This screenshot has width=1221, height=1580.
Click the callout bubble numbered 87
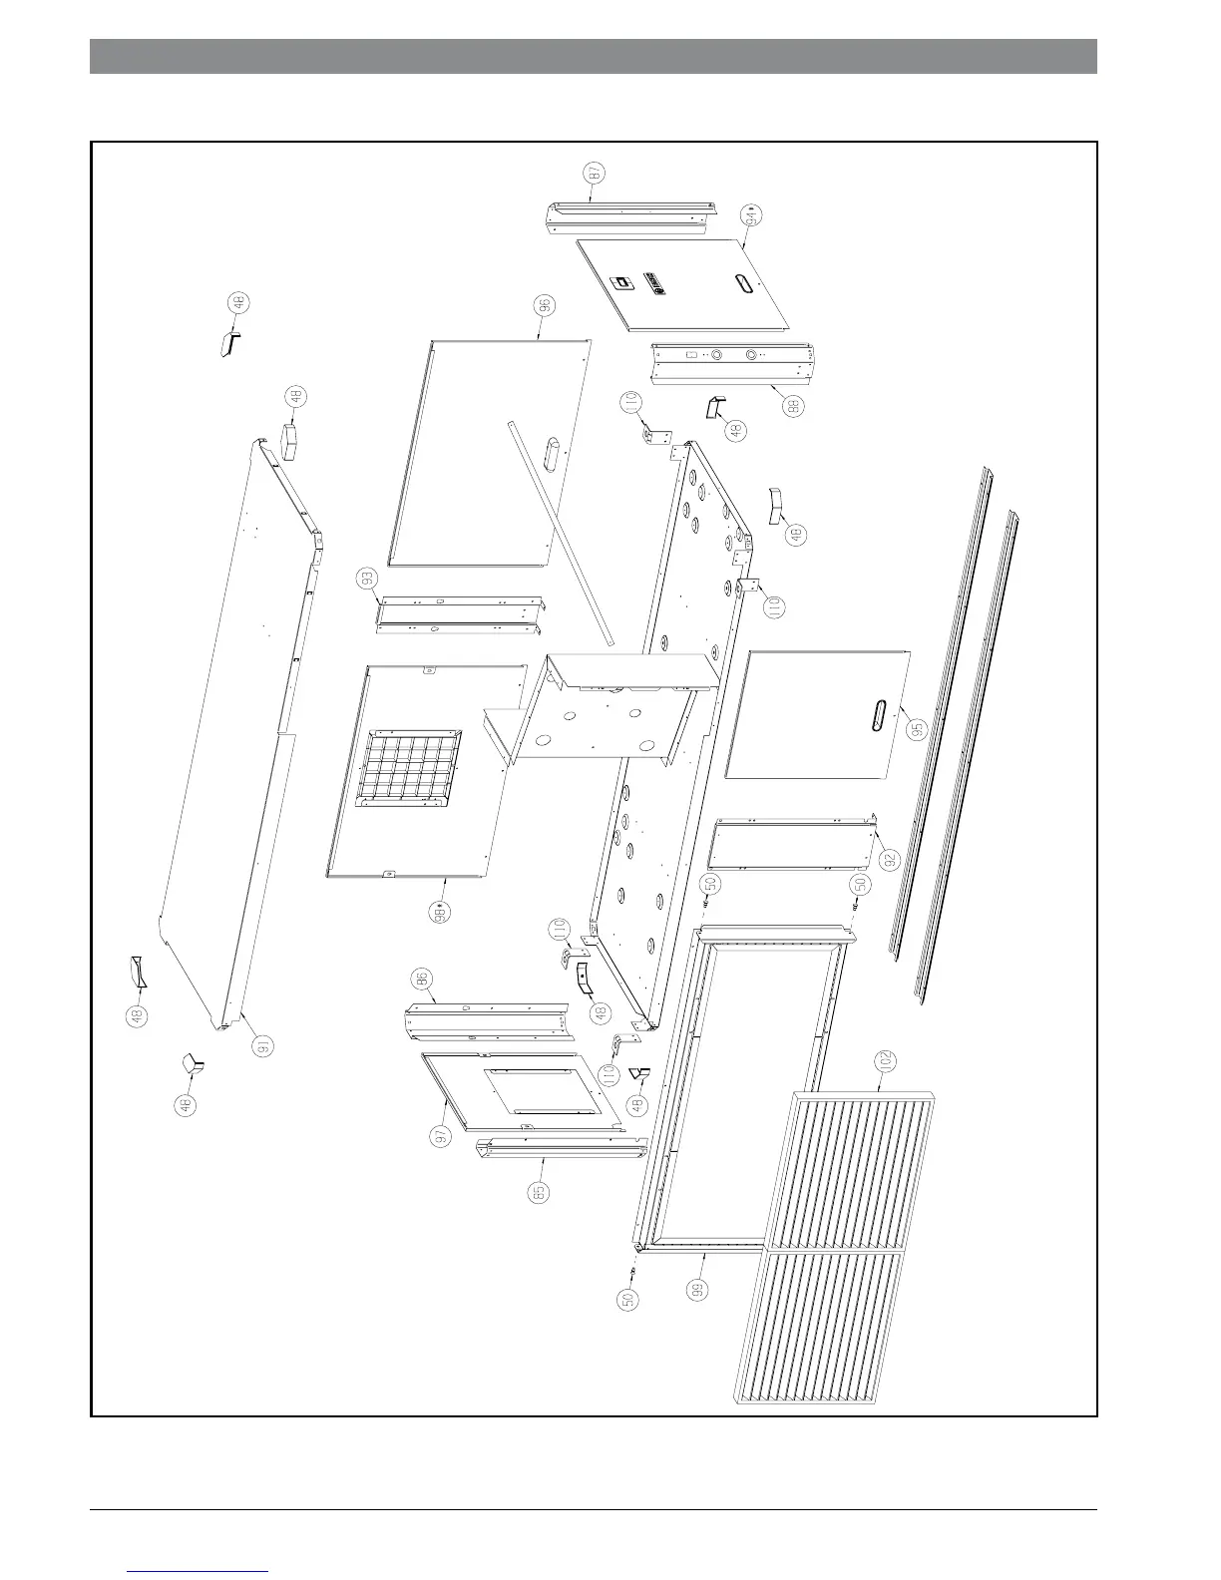[596, 173]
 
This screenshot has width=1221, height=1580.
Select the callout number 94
[752, 214]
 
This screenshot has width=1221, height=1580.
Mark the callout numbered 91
[263, 1047]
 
